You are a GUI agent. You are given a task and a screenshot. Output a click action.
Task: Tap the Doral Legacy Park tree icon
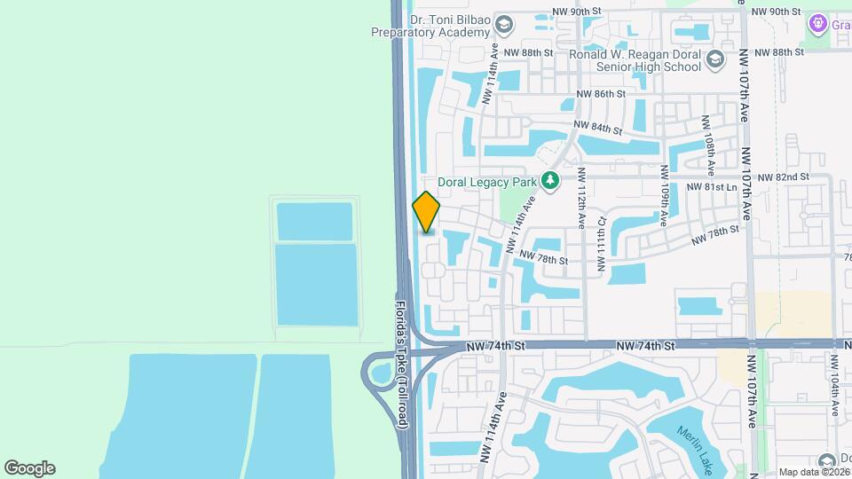[x=550, y=181]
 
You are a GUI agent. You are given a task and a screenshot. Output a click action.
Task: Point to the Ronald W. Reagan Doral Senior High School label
[x=635, y=60]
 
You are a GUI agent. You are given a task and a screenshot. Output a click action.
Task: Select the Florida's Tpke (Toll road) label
[x=401, y=365]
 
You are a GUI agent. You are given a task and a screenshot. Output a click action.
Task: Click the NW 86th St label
[x=601, y=93]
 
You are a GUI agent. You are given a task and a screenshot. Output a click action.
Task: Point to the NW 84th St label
[x=596, y=128]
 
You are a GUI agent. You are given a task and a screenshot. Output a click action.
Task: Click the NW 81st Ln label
[x=713, y=188]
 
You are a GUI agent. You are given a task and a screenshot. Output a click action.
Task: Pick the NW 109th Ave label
[x=664, y=195]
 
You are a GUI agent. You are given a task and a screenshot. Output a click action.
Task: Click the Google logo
[x=29, y=468]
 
